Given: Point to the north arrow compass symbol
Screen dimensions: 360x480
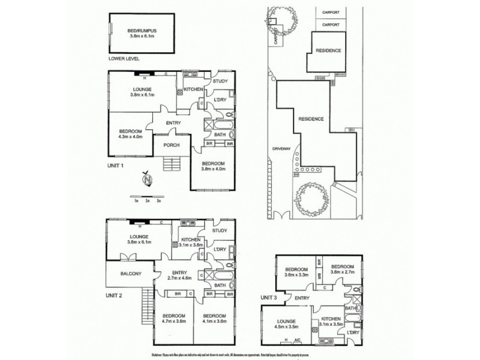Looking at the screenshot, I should [146, 178].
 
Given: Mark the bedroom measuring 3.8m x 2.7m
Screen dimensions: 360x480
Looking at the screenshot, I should [343, 271].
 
